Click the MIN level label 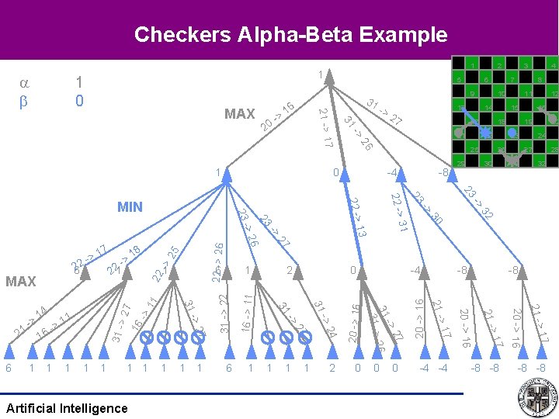pos(130,206)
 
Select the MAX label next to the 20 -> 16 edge pos(239,114)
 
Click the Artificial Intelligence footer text pos(66,408)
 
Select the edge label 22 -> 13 pos(357,218)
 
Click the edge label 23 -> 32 pos(478,202)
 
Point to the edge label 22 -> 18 pos(123,260)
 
